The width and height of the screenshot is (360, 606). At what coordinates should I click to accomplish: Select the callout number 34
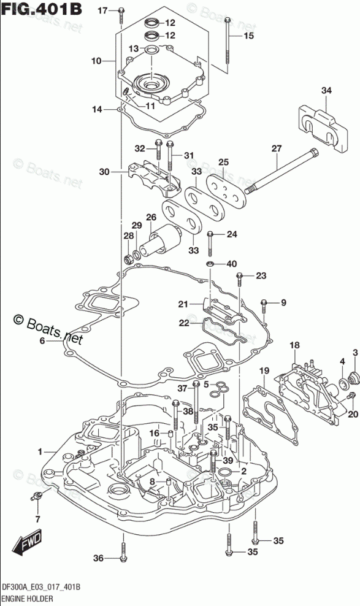326,90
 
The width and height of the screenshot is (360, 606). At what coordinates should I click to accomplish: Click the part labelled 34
323,128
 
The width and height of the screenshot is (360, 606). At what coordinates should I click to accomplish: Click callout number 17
103,11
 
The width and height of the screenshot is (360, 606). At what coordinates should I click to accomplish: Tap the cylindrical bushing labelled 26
161,242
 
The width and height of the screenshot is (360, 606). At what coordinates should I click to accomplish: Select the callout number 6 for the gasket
42,341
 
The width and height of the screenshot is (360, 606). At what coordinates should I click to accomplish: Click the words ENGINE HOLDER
27,599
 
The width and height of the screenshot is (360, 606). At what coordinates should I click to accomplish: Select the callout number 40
231,264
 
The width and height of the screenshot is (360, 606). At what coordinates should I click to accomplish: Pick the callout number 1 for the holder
40,451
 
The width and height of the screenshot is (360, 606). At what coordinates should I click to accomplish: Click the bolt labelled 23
239,279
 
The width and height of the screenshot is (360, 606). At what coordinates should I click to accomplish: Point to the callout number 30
104,172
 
